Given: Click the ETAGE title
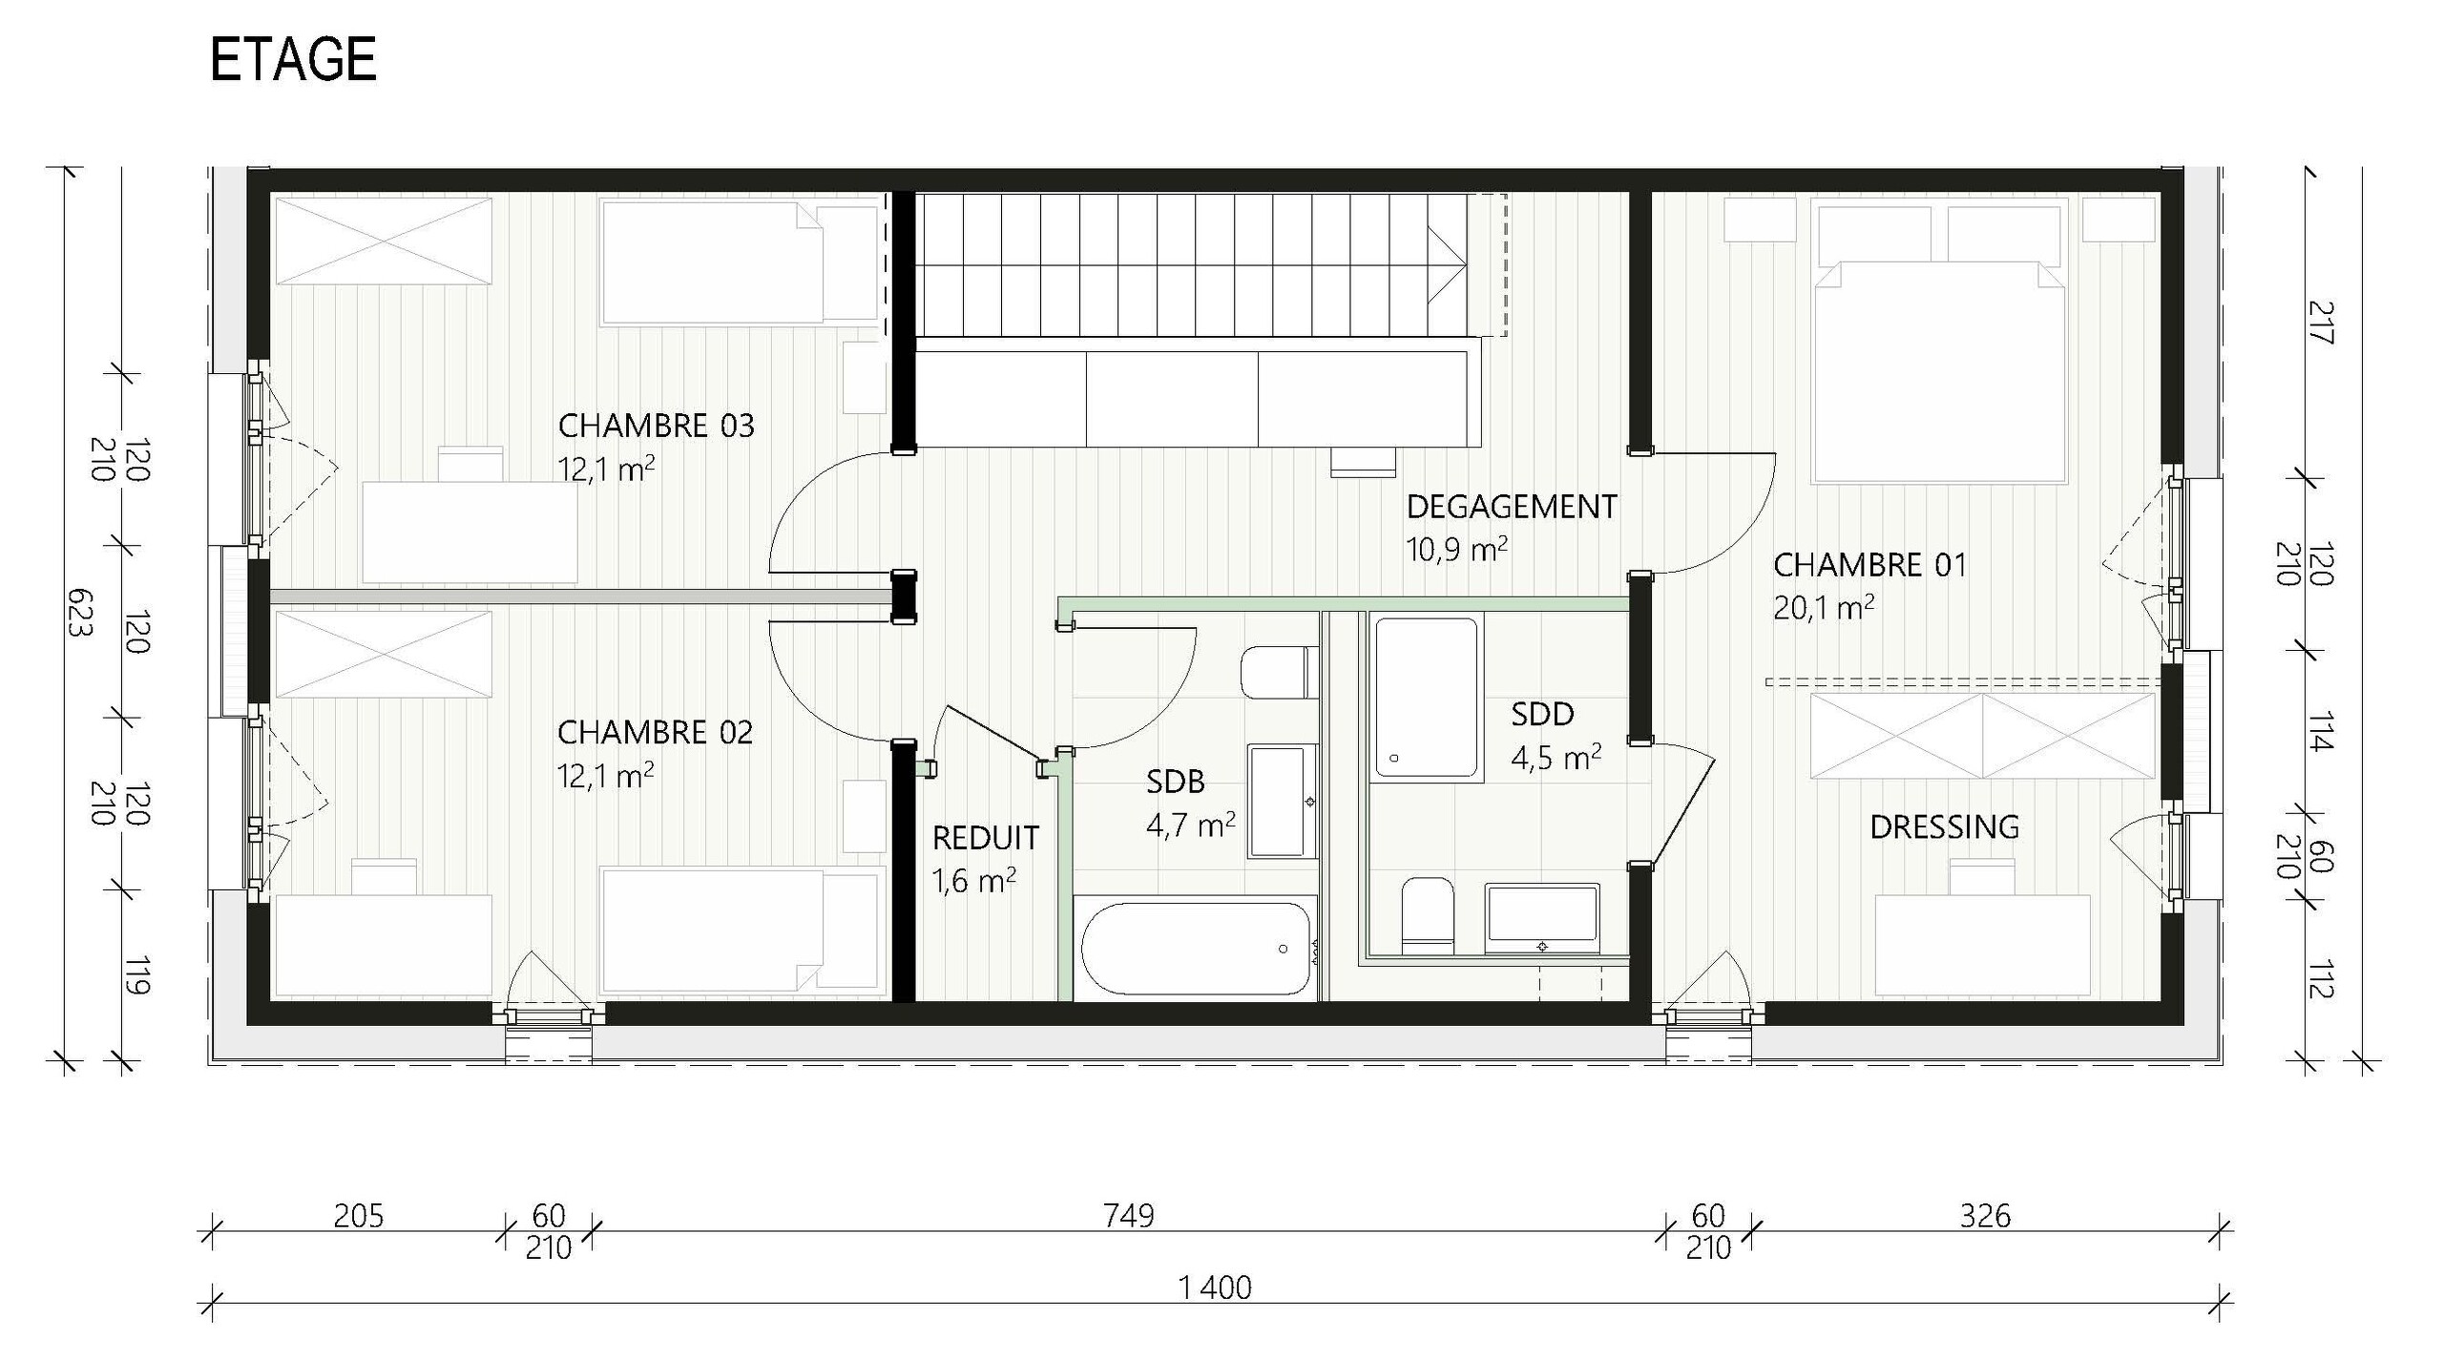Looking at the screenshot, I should [293, 59].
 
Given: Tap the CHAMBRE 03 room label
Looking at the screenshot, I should [656, 426].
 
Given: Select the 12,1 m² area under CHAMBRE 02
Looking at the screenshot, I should [605, 776].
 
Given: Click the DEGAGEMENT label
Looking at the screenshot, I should [1512, 507].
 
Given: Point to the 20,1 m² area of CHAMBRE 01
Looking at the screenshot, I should [1823, 607].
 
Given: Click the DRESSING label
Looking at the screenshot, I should [1944, 826].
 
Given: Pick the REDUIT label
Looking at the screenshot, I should [985, 838].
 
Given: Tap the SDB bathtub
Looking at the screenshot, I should [1196, 949].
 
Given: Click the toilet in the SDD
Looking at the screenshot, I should [1427, 914].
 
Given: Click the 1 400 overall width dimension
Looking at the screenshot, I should [1214, 1287].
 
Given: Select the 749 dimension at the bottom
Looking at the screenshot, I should [1128, 1216].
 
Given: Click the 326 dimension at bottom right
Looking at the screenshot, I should [1985, 1216].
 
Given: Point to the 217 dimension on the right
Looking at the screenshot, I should [2320, 323].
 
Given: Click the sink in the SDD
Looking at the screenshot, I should [1541, 918].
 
